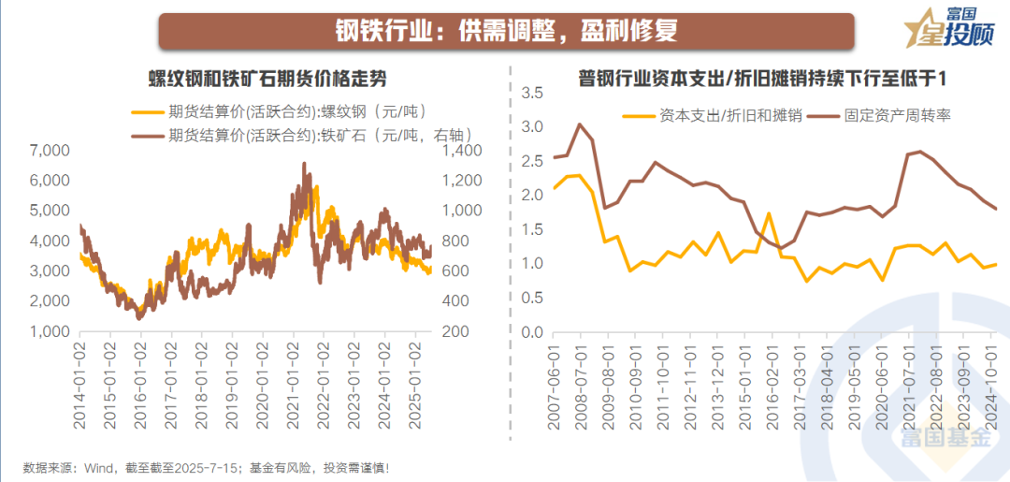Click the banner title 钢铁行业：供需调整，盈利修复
pos(505,31)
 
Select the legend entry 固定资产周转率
pos(898,116)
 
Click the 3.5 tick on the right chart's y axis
pos(532,93)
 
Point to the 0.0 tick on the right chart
pos(532,332)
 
